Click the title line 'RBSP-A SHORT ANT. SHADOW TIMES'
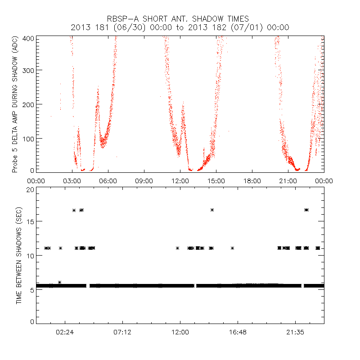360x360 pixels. click(180, 19)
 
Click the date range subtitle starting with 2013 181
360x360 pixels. click(180, 27)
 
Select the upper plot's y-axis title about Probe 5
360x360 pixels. click(15, 104)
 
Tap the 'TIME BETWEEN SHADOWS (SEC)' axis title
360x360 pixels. click(19, 256)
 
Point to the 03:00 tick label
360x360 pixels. click(72, 181)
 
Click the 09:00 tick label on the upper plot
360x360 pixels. click(144, 181)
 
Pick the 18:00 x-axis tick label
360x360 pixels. click(252, 181)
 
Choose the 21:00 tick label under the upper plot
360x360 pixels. click(288, 181)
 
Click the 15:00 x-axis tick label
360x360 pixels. click(216, 181)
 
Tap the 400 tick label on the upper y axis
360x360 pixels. click(29, 38)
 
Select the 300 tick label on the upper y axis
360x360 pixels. click(29, 70)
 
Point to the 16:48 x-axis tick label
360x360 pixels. click(237, 332)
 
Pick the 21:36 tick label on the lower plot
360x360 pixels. click(295, 332)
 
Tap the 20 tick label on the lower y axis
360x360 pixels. click(31, 189)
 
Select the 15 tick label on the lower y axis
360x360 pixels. click(31, 221)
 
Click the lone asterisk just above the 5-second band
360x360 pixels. click(59, 282)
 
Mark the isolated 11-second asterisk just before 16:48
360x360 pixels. click(232, 248)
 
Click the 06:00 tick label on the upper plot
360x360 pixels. click(108, 181)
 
